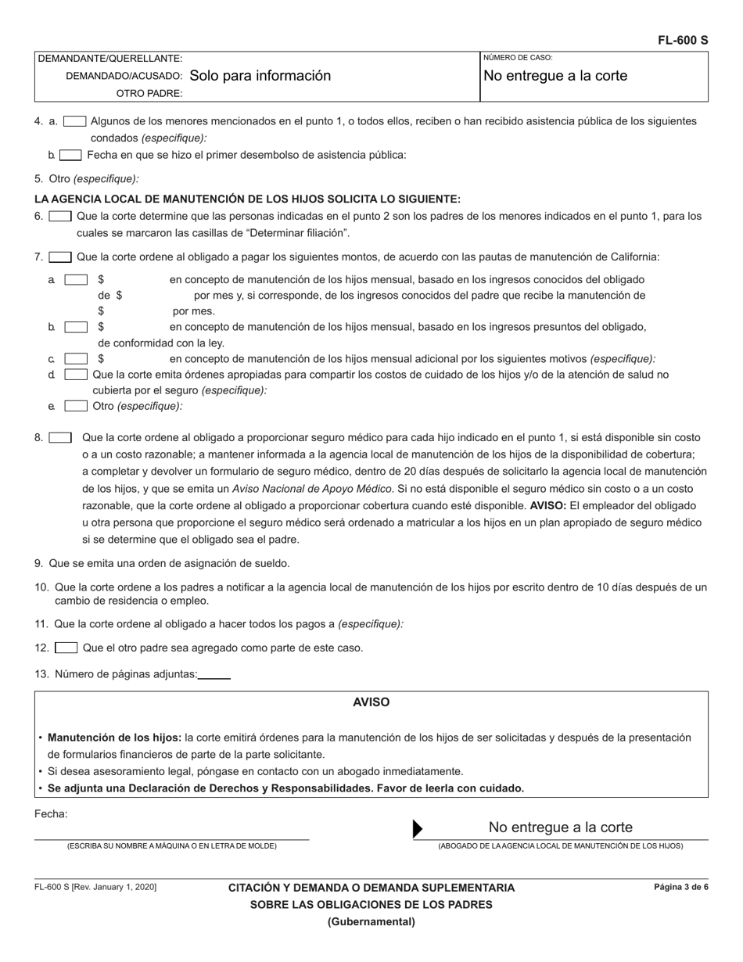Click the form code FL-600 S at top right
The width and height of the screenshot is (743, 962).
pos(682,41)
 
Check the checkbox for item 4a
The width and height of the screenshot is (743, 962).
pos(74,121)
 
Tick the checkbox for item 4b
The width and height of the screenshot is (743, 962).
pos(70,155)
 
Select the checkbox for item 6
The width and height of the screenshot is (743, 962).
pos(60,216)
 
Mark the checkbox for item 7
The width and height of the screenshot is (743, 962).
pos(60,257)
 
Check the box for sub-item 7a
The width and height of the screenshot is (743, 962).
pos(76,279)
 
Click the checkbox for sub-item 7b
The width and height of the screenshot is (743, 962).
pos(76,327)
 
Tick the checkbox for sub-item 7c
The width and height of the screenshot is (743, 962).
pos(76,359)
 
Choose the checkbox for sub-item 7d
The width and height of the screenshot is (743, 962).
pos(76,375)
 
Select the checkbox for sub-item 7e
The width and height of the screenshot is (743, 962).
pos(76,406)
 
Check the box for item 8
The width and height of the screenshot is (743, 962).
pos(60,438)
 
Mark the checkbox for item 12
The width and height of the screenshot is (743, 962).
pos(66,648)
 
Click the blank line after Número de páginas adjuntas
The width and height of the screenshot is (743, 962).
pos(214,674)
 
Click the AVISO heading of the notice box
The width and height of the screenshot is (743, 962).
pos(371,702)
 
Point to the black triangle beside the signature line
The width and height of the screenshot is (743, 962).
pos(418,829)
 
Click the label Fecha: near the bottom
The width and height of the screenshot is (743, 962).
pos(51,814)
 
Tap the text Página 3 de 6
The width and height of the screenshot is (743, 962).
pos(681,888)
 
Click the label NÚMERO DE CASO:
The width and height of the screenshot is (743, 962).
pos(518,58)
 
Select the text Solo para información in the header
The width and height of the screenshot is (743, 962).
pos(260,76)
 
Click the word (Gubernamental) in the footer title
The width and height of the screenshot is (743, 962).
pos(371,921)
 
